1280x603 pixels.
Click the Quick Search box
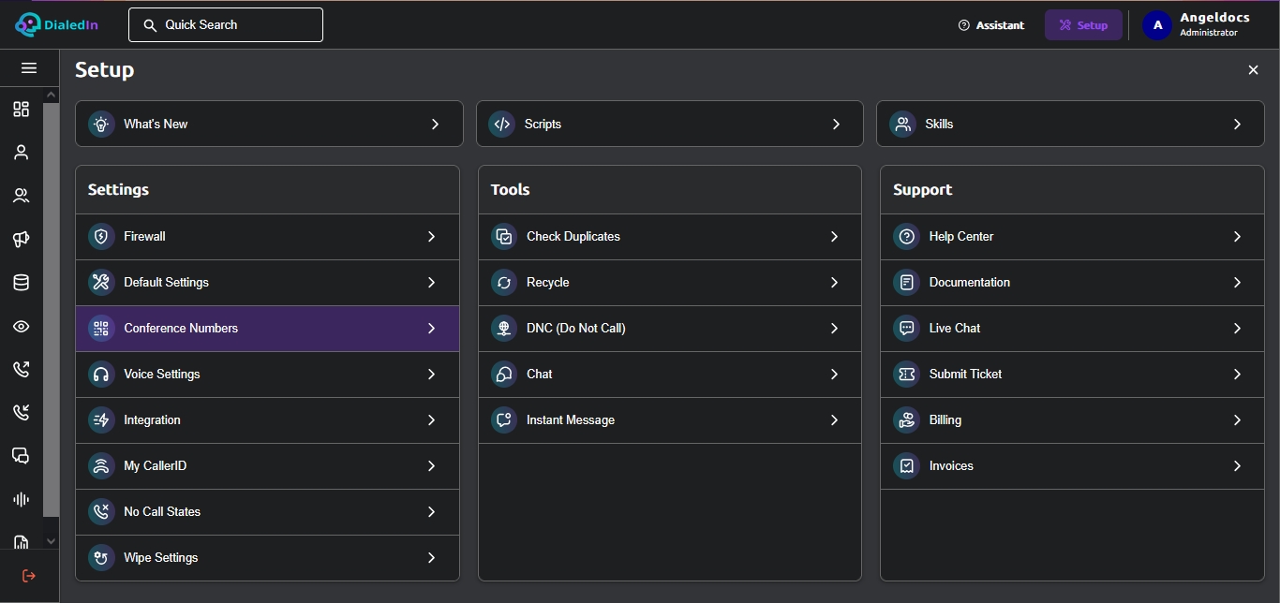tap(226, 24)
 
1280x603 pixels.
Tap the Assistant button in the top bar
tap(991, 25)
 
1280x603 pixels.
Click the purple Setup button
tap(1083, 25)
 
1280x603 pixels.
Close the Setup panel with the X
tap(1253, 69)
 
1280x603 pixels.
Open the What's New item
tap(269, 124)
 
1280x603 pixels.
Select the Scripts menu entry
tap(670, 124)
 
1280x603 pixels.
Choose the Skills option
tap(1070, 124)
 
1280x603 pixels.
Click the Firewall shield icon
tap(101, 236)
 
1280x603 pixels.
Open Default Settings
tap(267, 283)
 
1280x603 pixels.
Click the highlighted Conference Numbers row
tap(267, 329)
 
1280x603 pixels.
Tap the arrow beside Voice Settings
tap(431, 374)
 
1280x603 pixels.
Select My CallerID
tap(267, 466)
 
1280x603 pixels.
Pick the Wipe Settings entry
tap(267, 558)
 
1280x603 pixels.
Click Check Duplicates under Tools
tap(670, 236)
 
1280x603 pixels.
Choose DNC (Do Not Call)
tap(670, 329)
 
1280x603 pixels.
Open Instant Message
tap(670, 420)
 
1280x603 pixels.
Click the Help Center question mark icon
tap(907, 236)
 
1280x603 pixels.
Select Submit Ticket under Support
tap(1072, 374)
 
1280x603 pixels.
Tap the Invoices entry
tap(1072, 466)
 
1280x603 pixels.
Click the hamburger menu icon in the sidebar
tap(29, 68)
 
